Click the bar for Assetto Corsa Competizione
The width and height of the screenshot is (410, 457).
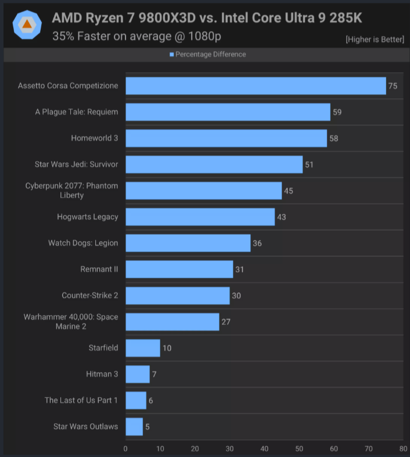(x=256, y=85)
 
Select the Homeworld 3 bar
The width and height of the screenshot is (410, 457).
(x=226, y=138)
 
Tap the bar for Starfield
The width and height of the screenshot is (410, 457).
(x=142, y=348)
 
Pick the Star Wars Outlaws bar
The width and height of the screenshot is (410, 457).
(x=134, y=426)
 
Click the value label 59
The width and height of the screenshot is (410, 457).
(x=337, y=112)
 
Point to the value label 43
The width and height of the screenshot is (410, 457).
(x=282, y=217)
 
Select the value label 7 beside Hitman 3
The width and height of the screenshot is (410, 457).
(x=154, y=374)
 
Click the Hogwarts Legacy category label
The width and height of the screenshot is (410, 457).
(x=88, y=217)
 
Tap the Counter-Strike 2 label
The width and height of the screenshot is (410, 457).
(x=90, y=295)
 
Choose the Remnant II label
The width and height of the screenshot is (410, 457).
(x=99, y=269)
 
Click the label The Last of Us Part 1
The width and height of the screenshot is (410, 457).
(x=81, y=400)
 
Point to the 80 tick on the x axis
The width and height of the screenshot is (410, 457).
(x=403, y=448)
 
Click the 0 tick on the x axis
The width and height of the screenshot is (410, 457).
(x=125, y=448)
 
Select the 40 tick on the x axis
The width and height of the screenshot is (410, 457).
(x=264, y=448)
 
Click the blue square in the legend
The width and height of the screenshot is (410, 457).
(x=172, y=55)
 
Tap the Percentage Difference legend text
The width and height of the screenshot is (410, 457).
(x=210, y=54)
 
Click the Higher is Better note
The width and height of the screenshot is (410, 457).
(x=375, y=40)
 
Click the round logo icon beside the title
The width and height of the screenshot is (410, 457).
(x=27, y=24)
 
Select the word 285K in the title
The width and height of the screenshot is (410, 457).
(x=346, y=18)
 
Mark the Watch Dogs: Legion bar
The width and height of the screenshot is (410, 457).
(x=188, y=243)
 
